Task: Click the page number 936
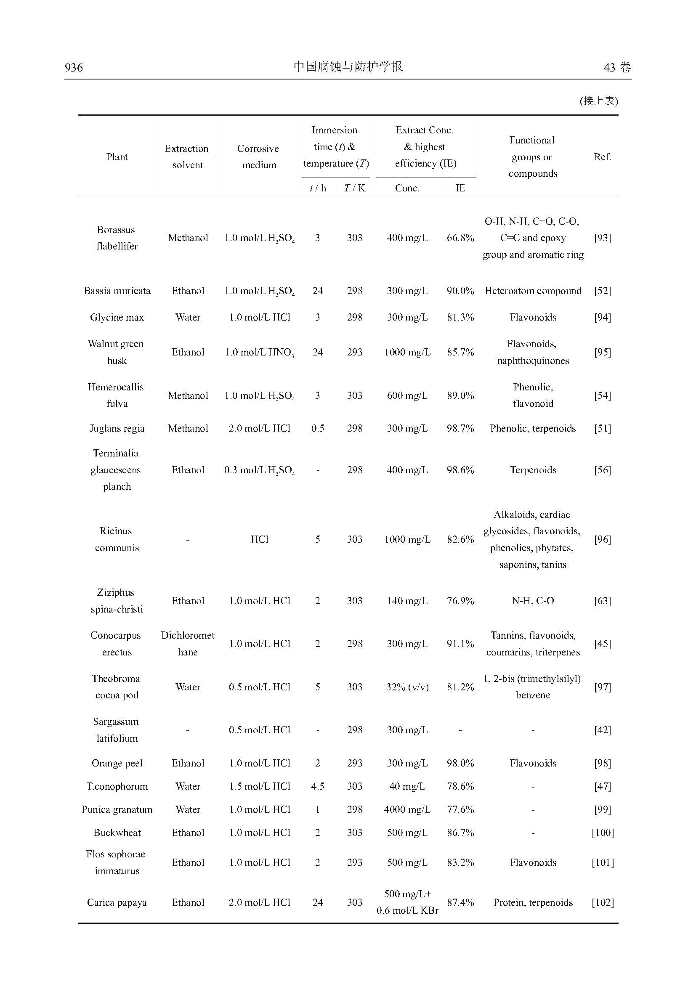(74, 67)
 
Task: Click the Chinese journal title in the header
(348, 66)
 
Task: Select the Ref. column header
(602, 157)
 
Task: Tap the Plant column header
(117, 157)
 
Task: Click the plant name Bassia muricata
(117, 291)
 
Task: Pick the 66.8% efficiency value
(460, 238)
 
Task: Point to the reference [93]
(602, 238)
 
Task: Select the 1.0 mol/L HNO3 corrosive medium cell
(259, 352)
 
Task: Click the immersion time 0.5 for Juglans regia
(318, 428)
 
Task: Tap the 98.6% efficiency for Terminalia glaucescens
(460, 470)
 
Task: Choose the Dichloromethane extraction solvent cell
(188, 643)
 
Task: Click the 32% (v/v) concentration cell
(407, 687)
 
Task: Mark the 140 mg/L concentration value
(407, 600)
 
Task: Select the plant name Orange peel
(117, 763)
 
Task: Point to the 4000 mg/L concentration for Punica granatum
(407, 809)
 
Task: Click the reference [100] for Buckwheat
(602, 832)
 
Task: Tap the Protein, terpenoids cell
(533, 902)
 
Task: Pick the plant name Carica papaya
(117, 902)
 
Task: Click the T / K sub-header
(354, 188)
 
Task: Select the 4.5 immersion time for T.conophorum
(318, 786)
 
